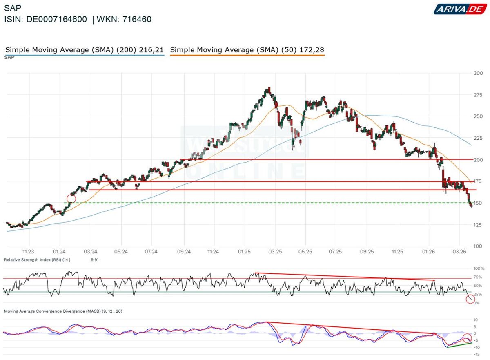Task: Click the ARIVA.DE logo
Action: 459,9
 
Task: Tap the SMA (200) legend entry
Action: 85,50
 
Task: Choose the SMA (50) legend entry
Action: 247,50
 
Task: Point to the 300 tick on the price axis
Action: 478,73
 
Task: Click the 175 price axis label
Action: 478,181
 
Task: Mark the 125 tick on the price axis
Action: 478,225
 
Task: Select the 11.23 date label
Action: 28,252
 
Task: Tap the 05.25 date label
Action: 305,252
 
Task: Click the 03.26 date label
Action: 460,252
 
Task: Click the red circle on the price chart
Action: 71,199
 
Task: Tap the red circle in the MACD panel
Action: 467,338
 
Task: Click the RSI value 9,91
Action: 94,260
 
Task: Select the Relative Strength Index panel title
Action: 37,260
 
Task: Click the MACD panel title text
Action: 63,311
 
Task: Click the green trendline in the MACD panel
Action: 459,345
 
